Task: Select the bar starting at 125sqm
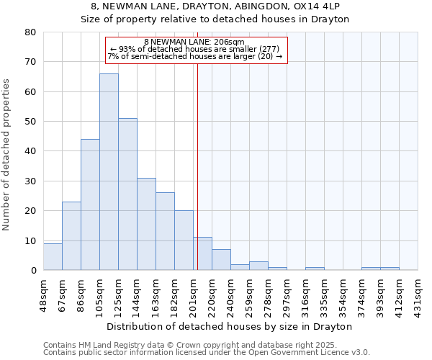tap(127, 194)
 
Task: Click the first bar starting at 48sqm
tap(53, 256)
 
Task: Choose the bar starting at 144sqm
tap(146, 224)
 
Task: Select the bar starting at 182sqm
tap(184, 240)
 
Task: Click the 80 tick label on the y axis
tap(30, 32)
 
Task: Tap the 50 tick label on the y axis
tap(30, 122)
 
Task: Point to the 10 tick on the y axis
tap(30, 240)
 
